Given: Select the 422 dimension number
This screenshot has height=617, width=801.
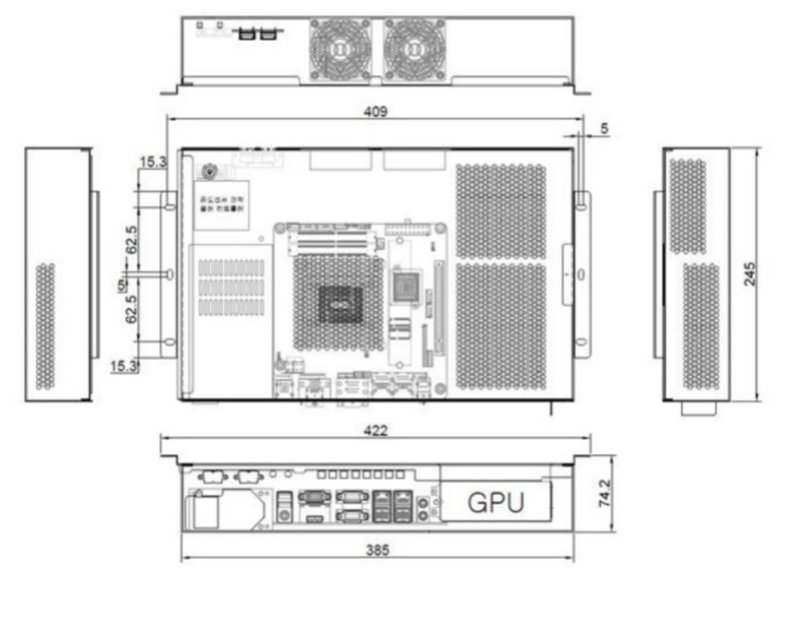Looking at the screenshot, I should click(376, 430).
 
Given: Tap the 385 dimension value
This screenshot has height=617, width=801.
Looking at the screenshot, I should click(376, 549).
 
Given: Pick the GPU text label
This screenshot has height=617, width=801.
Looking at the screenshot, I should click(495, 502).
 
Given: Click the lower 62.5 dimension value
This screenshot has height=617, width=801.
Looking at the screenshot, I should click(131, 308).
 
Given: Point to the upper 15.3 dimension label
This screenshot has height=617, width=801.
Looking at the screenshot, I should click(151, 163).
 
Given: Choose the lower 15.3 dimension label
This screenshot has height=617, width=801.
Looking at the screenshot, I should click(123, 366).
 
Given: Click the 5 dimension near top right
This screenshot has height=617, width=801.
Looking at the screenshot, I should click(604, 128).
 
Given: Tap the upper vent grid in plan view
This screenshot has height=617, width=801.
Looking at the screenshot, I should click(501, 210).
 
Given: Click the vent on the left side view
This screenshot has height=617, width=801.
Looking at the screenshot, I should click(46, 326).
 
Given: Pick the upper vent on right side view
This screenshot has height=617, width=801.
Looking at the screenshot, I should click(689, 206).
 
